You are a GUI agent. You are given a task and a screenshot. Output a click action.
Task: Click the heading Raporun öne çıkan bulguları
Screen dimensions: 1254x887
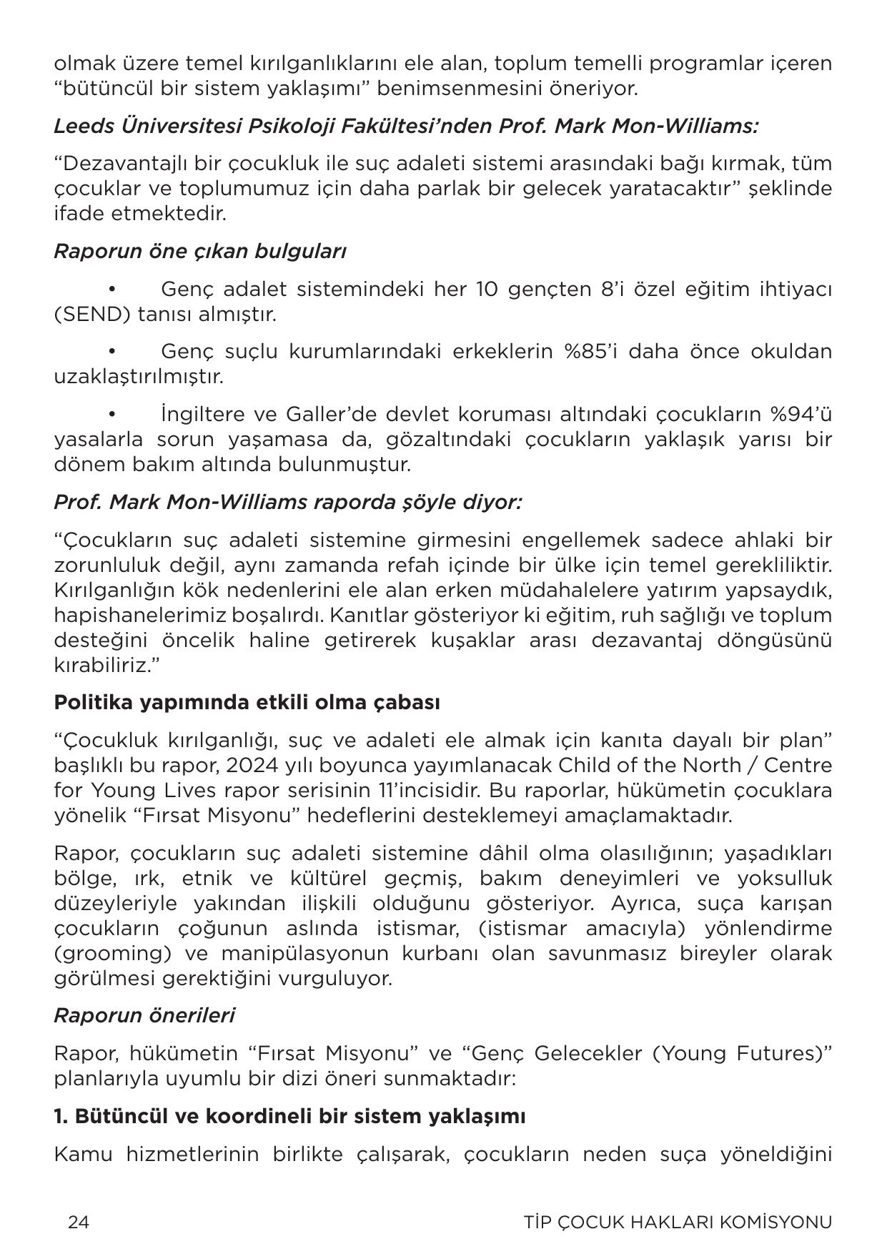coord(200,252)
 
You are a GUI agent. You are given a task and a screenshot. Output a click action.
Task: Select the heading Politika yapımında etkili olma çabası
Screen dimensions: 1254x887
coord(247,702)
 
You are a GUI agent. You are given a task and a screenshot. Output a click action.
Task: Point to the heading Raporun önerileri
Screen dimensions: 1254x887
coord(144,1015)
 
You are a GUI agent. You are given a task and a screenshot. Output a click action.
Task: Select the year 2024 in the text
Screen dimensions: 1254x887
coord(247,765)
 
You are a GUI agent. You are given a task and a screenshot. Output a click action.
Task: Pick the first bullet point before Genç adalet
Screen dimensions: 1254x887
coord(112,290)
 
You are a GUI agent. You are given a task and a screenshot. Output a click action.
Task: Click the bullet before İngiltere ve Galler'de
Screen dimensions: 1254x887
coord(112,414)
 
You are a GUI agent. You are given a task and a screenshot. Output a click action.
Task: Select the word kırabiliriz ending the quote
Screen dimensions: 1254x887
coord(103,665)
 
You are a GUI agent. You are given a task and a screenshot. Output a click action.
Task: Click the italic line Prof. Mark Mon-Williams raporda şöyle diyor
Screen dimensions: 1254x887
coord(287,502)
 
